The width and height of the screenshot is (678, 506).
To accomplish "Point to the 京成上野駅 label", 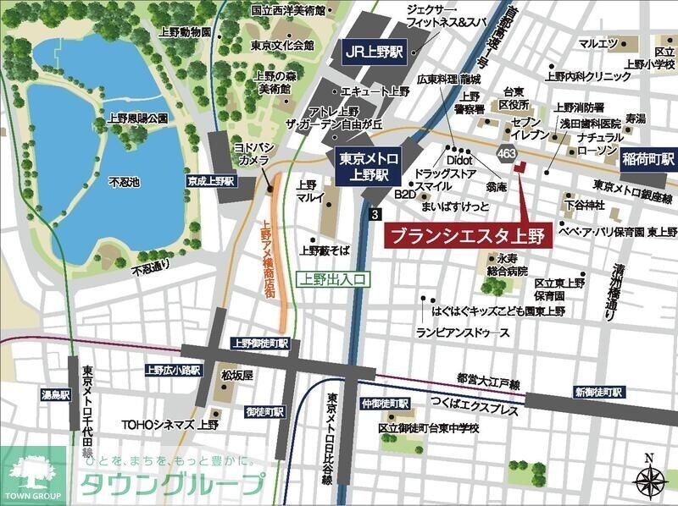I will click(211, 181).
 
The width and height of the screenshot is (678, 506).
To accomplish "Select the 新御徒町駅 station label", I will click(599, 392).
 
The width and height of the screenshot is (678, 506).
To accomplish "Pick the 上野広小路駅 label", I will click(174, 370).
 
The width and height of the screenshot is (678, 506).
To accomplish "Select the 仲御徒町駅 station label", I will click(385, 404).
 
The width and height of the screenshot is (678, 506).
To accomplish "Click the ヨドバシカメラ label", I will click(253, 153).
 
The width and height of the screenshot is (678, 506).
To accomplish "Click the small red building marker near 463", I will click(520, 166).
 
